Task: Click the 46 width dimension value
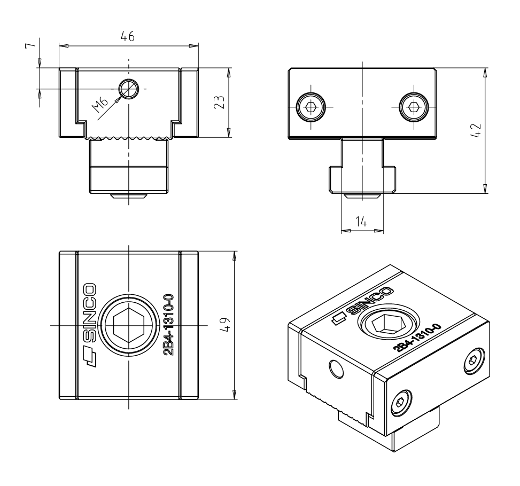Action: point(128,36)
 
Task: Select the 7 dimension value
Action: point(30,45)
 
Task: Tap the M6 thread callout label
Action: point(100,104)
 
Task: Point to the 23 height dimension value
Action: point(219,102)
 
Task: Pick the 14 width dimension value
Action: point(361,222)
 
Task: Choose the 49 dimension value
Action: point(225,325)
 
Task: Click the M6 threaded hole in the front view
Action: point(129,89)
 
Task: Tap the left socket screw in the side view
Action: point(311,107)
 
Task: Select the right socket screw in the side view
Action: point(414,107)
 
